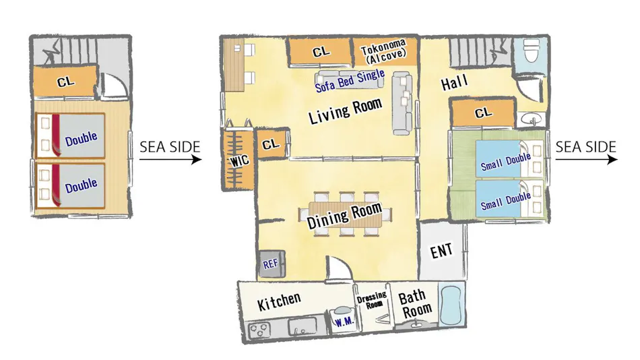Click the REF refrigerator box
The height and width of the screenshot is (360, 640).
click(x=273, y=264)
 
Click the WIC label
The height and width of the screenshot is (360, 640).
click(x=239, y=161)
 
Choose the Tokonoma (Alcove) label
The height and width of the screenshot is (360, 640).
click(x=384, y=51)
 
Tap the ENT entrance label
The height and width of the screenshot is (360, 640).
click(x=441, y=251)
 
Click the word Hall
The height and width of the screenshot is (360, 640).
click(x=454, y=83)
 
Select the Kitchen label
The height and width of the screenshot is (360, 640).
click(x=279, y=301)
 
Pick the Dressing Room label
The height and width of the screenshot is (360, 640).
click(x=372, y=300)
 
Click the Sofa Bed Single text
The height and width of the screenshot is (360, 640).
click(x=350, y=80)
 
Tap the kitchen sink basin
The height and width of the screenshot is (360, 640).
click(x=302, y=326)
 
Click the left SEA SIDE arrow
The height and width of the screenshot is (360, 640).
click(x=170, y=158)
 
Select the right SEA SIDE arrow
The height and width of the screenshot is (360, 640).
click(x=587, y=158)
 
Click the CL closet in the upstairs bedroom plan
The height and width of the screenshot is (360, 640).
click(x=65, y=82)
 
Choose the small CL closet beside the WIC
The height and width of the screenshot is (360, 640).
click(x=271, y=144)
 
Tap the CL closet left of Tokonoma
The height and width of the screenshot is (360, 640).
click(x=321, y=51)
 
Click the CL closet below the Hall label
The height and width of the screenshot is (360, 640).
click(x=483, y=113)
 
